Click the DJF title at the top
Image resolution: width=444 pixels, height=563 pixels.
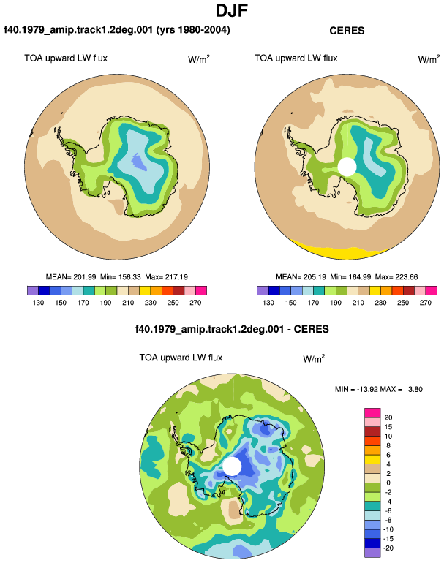(232, 10)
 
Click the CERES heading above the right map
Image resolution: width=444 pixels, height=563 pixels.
(347, 31)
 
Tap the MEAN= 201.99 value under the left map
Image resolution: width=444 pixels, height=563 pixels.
(71, 277)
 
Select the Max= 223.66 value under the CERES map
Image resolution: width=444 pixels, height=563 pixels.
(396, 277)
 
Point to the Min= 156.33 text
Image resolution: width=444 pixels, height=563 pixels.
(121, 277)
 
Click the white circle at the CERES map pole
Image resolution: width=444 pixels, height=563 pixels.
(347, 167)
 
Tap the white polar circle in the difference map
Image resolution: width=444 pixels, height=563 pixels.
(232, 466)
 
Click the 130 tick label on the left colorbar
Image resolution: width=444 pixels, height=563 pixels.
(38, 303)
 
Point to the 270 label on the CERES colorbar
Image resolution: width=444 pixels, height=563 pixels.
(425, 303)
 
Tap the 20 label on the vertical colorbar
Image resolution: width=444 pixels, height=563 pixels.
(388, 417)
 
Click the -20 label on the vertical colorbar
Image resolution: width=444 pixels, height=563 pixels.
(388, 548)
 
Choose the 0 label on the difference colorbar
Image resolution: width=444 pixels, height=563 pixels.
(388, 483)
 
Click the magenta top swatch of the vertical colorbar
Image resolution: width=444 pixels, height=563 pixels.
(372, 413)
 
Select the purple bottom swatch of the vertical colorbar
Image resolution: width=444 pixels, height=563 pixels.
(372, 553)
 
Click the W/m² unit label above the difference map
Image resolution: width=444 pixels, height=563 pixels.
(314, 358)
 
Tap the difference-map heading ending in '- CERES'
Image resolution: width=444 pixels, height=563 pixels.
(232, 329)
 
